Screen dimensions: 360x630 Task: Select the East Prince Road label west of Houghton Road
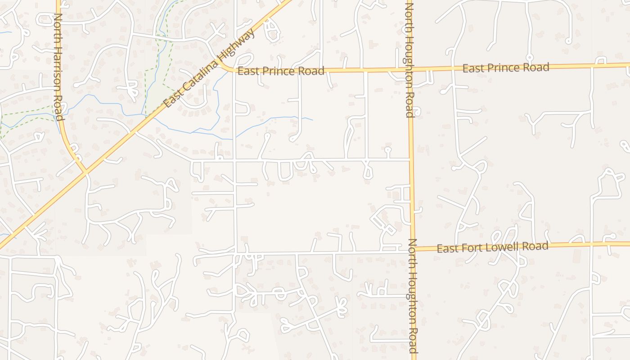click(x=281, y=71)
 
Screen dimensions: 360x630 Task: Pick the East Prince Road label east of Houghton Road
click(x=506, y=68)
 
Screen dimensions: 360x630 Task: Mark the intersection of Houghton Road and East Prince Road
click(x=410, y=69)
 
